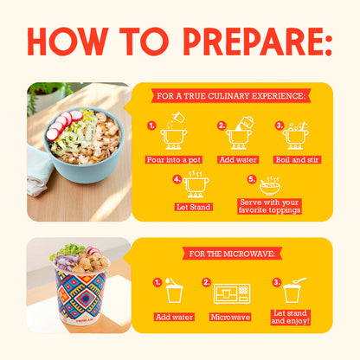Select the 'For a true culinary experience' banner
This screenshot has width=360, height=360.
233,96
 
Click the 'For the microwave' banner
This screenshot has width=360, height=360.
232,254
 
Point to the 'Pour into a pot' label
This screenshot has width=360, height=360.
173,160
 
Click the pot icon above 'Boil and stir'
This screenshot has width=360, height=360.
295,134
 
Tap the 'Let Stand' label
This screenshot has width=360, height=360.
196,208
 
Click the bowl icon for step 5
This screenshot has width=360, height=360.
269,185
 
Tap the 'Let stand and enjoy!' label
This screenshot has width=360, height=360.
290,317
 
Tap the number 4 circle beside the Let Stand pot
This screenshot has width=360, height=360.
177,180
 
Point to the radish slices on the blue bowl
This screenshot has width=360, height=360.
61,125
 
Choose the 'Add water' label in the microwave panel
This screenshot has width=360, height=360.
174,318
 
